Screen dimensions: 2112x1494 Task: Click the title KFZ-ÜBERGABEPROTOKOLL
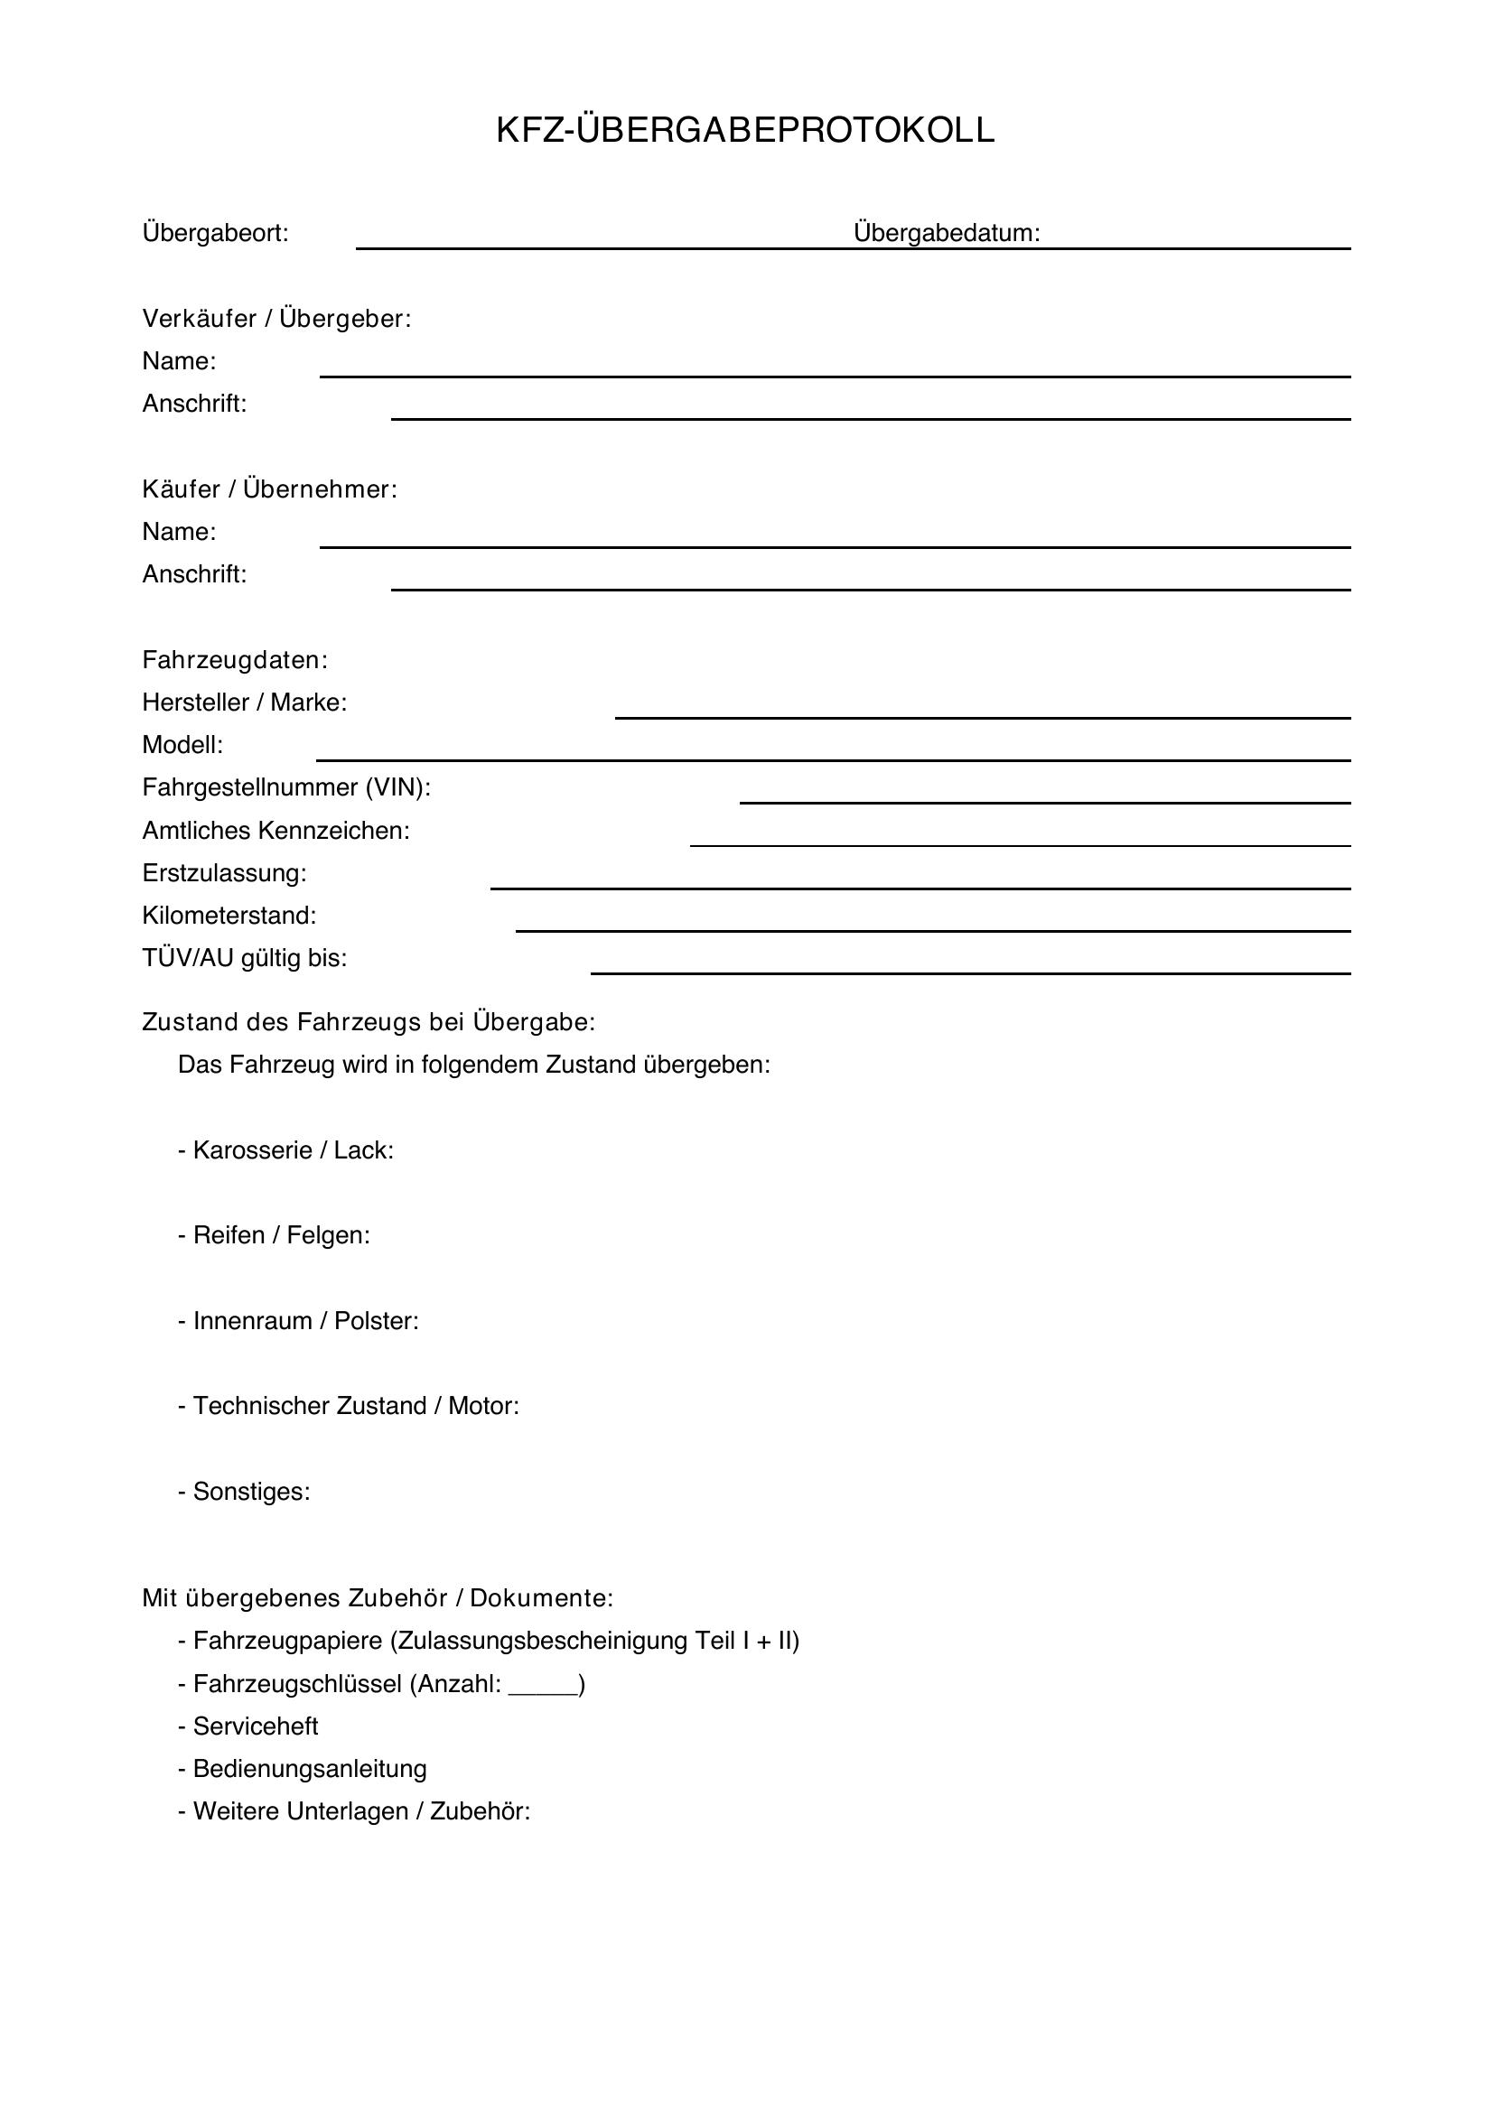tap(745, 131)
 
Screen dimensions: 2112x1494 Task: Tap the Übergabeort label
tap(215, 234)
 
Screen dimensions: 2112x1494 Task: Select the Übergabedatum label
tap(947, 234)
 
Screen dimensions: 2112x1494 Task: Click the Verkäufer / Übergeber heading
tap(276, 319)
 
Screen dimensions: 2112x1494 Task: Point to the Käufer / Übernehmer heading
tap(269, 489)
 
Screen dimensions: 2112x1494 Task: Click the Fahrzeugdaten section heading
tap(235, 660)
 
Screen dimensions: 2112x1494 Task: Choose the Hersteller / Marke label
tap(245, 702)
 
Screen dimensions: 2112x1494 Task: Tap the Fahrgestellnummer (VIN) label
tap(286, 788)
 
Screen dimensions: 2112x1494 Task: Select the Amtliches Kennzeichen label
tap(276, 832)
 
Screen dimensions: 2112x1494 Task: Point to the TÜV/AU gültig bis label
tap(245, 960)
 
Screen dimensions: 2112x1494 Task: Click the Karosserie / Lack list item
tap(286, 1150)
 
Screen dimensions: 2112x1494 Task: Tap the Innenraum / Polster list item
tap(298, 1322)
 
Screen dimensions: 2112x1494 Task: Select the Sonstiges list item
tap(245, 1492)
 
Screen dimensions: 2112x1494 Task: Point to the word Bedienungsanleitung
tap(310, 1769)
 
